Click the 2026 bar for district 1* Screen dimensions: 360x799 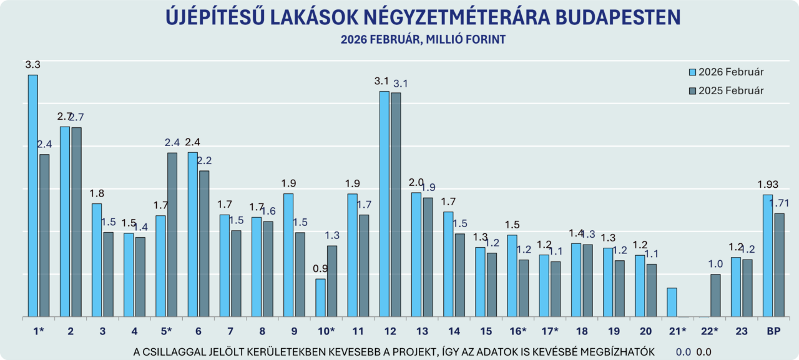[x=32, y=196]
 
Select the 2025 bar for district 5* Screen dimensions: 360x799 [x=172, y=235]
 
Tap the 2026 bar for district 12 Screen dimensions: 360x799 [x=385, y=204]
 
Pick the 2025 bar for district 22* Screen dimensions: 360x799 [x=715, y=296]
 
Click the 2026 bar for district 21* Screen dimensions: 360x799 [x=672, y=303]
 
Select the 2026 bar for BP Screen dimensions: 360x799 [x=768, y=256]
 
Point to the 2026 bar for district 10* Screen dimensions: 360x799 [x=320, y=298]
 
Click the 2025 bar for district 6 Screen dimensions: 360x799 [x=204, y=244]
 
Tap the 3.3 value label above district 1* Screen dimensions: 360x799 [x=32, y=64]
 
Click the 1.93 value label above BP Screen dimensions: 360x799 [x=768, y=185]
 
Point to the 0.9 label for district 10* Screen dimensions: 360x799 [x=320, y=269]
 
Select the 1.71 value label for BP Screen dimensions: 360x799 [x=780, y=203]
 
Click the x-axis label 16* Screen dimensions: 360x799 [x=516, y=330]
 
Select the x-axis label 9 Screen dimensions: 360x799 [x=293, y=330]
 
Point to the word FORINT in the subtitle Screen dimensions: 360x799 [x=484, y=39]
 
